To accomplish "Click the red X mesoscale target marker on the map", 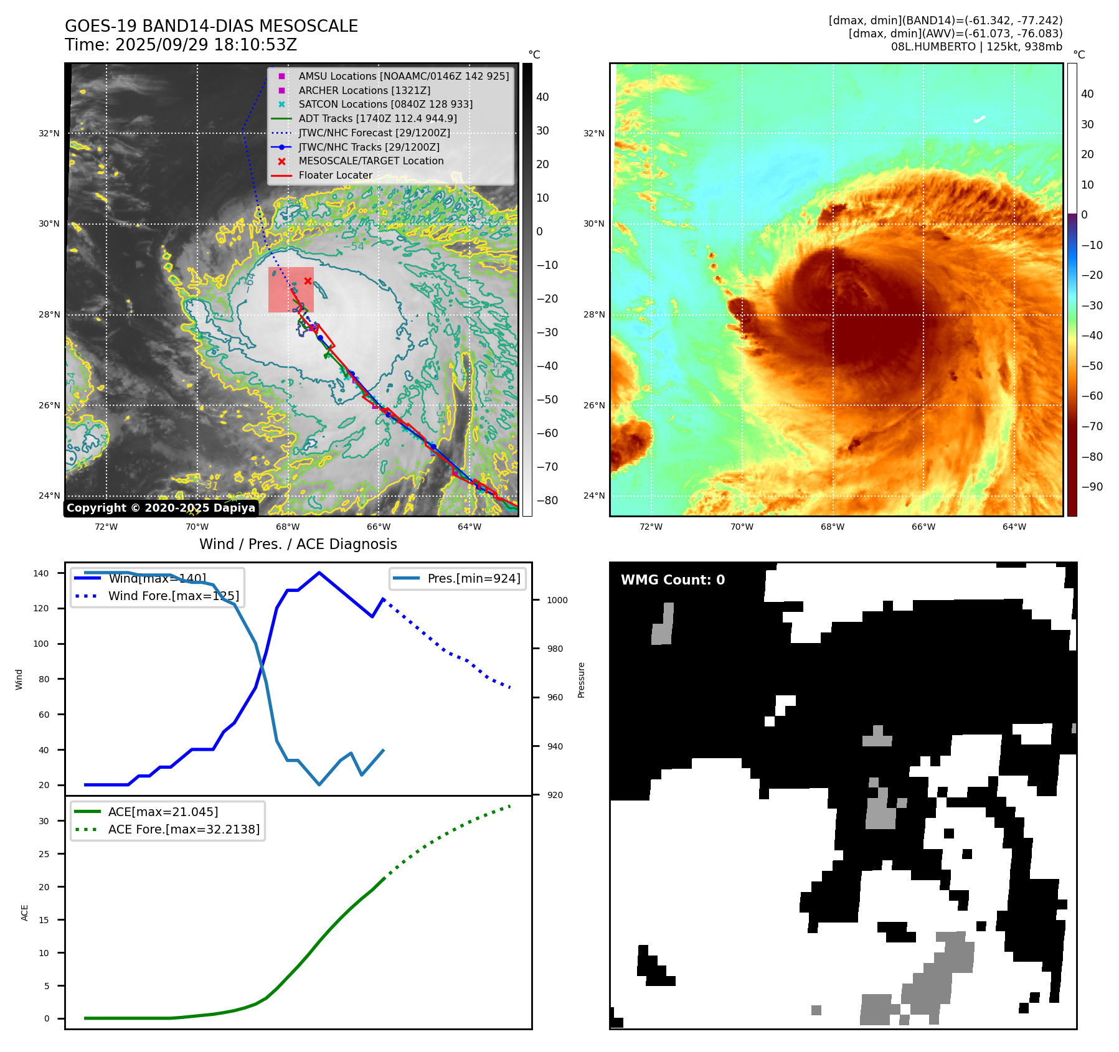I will point(308,281).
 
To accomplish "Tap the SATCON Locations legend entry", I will point(385,104).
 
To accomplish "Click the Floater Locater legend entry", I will point(335,175).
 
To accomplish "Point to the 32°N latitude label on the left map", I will point(49,133).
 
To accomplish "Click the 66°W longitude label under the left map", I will point(379,527).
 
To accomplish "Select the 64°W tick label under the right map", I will point(1014,527).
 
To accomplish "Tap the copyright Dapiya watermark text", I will point(161,508).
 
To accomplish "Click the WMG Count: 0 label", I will point(673,580).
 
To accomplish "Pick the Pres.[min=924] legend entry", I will point(473,578).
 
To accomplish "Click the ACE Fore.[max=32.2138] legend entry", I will point(184,829).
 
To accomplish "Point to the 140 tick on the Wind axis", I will point(41,573).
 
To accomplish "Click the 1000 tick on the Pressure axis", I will point(557,600).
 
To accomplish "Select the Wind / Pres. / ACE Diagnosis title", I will point(298,544).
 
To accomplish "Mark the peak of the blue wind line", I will point(319,573).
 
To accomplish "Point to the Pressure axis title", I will point(581,680).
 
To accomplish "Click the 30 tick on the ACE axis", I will point(44,821).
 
